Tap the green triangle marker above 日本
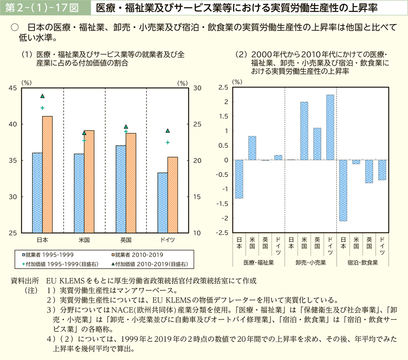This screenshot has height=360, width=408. [x=42, y=96]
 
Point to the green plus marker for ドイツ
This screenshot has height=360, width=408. [x=167, y=142]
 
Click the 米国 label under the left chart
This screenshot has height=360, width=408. [x=84, y=240]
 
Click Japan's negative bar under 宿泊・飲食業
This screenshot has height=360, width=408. [x=343, y=190]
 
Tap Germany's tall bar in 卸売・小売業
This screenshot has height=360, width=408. [x=330, y=127]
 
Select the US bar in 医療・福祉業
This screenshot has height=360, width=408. [x=252, y=148]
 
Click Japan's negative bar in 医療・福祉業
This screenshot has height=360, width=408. [x=239, y=179]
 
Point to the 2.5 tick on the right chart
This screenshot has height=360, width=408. [x=223, y=87]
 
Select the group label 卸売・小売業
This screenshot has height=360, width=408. [x=310, y=263]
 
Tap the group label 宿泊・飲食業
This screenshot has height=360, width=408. [x=363, y=263]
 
